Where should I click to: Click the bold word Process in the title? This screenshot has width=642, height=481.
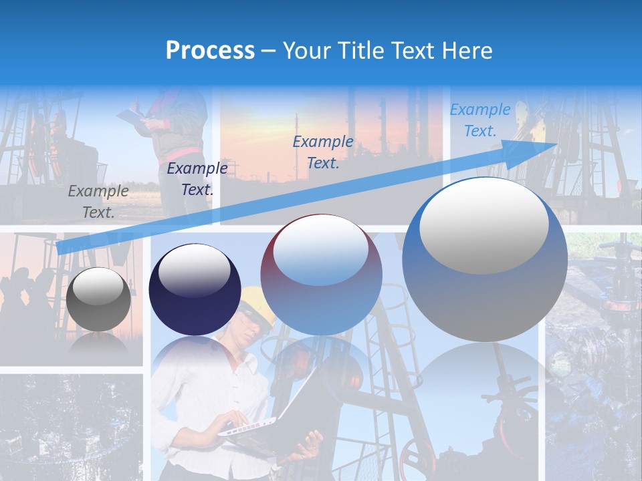[x=210, y=51]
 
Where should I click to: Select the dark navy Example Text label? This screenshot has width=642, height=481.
[x=197, y=179]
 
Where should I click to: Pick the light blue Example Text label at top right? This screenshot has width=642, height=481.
[x=479, y=120]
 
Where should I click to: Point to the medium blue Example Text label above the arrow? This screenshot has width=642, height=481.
[x=323, y=152]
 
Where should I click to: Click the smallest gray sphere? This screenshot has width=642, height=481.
[x=98, y=299]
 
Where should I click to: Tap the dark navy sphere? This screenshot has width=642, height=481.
[x=195, y=290]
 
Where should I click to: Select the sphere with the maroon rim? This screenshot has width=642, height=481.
[x=321, y=275]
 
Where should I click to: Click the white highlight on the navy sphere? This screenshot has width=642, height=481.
[x=194, y=271]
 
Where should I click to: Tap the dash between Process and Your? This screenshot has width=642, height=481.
[x=268, y=51]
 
